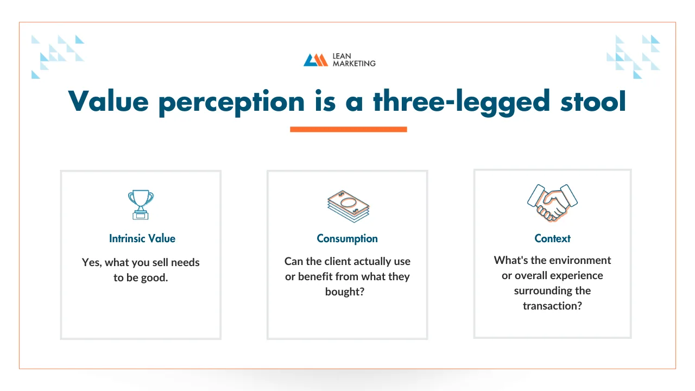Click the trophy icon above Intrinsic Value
tap(141, 205)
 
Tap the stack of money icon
tap(348, 206)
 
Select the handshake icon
tap(552, 203)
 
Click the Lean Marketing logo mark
tap(315, 60)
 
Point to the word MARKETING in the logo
tap(354, 64)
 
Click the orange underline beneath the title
tap(349, 129)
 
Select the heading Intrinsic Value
tap(142, 238)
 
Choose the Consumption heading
tap(347, 238)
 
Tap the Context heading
tap(552, 238)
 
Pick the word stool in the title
tap(593, 101)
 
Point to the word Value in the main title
tap(108, 101)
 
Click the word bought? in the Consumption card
tap(345, 292)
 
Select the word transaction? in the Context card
tap(552, 306)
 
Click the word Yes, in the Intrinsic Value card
tap(92, 263)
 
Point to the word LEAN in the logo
tap(342, 56)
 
